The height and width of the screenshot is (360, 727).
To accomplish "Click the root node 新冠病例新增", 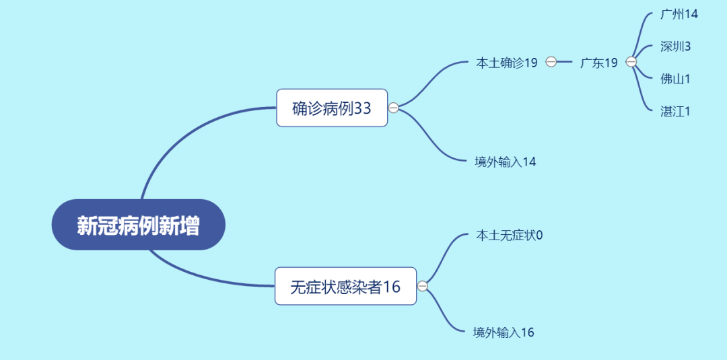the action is pyautogui.click(x=138, y=225).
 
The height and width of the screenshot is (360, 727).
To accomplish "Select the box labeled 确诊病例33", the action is pyautogui.click(x=332, y=108).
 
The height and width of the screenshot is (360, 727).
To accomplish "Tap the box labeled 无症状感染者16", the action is pyautogui.click(x=346, y=287).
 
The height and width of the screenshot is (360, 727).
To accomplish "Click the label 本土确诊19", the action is pyautogui.click(x=506, y=63).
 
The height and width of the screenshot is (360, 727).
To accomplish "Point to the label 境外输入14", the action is pyautogui.click(x=506, y=162).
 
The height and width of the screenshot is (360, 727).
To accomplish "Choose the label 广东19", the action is pyautogui.click(x=599, y=63).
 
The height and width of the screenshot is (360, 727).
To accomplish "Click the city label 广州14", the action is pyautogui.click(x=679, y=14).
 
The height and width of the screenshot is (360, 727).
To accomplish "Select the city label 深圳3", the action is pyautogui.click(x=676, y=46).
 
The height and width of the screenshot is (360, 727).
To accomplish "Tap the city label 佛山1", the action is pyautogui.click(x=676, y=79).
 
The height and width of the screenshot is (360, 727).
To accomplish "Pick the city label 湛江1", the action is pyautogui.click(x=676, y=111).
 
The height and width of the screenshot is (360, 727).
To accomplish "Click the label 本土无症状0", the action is pyautogui.click(x=510, y=236).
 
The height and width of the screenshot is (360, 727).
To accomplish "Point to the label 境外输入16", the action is pyautogui.click(x=504, y=332).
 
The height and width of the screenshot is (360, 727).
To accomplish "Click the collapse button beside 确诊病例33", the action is pyautogui.click(x=393, y=108).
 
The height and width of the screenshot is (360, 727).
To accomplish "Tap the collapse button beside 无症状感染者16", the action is pyautogui.click(x=422, y=287).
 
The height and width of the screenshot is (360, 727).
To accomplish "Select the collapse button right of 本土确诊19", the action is pyautogui.click(x=551, y=62).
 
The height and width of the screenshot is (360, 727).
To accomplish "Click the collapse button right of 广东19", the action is pyautogui.click(x=631, y=62).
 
